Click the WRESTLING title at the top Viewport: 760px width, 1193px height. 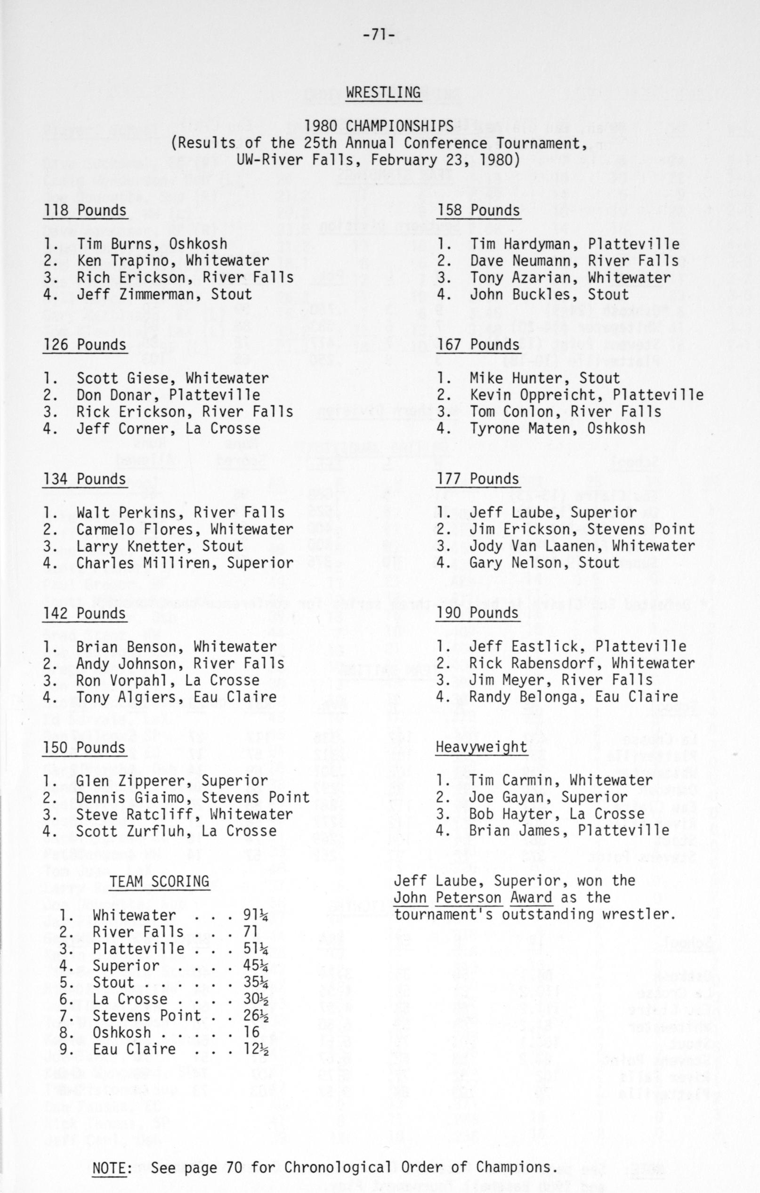click(x=383, y=93)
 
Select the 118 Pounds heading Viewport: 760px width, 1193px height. click(x=85, y=210)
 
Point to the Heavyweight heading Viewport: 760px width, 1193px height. click(x=481, y=747)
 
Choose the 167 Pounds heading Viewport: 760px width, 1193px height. click(x=477, y=345)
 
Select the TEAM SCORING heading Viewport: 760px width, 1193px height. click(x=159, y=881)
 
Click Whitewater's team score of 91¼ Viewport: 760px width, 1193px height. click(x=256, y=915)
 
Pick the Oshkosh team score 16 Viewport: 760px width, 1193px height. click(x=251, y=1032)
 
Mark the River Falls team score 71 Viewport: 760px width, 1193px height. click(x=251, y=932)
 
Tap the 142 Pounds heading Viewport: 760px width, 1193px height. click(x=84, y=613)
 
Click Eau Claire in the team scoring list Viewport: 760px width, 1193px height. click(x=134, y=1049)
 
